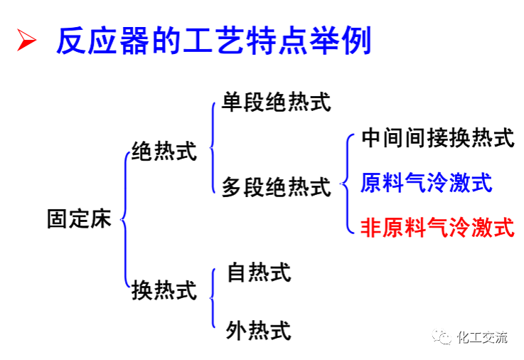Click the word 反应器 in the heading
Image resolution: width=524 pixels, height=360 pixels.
click(90, 42)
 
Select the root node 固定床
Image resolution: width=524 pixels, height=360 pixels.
click(80, 218)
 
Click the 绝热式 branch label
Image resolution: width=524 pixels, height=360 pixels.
click(164, 151)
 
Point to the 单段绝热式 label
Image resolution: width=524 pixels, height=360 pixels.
click(277, 102)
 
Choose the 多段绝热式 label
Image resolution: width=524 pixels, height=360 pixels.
click(277, 187)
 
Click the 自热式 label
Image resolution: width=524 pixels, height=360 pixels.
click(259, 272)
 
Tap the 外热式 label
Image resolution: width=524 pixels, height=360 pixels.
click(259, 330)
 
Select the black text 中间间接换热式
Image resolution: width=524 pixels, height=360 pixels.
click(437, 138)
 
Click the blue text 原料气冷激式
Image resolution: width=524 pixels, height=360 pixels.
click(427, 183)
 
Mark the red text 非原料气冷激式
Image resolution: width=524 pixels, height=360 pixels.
click(437, 227)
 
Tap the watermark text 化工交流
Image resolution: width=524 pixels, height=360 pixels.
click(482, 338)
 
